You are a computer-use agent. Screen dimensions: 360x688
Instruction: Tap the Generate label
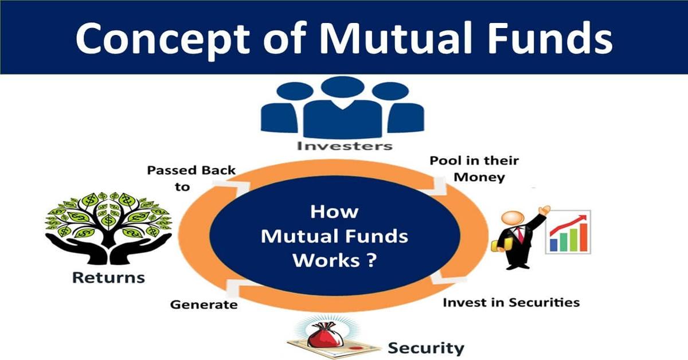click(x=204, y=304)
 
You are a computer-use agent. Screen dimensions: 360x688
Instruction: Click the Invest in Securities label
click(x=511, y=302)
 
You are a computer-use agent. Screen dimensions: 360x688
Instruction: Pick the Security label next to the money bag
click(x=426, y=347)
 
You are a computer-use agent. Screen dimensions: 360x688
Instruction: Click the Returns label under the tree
click(x=108, y=279)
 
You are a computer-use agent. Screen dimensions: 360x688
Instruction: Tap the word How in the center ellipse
click(x=334, y=212)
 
